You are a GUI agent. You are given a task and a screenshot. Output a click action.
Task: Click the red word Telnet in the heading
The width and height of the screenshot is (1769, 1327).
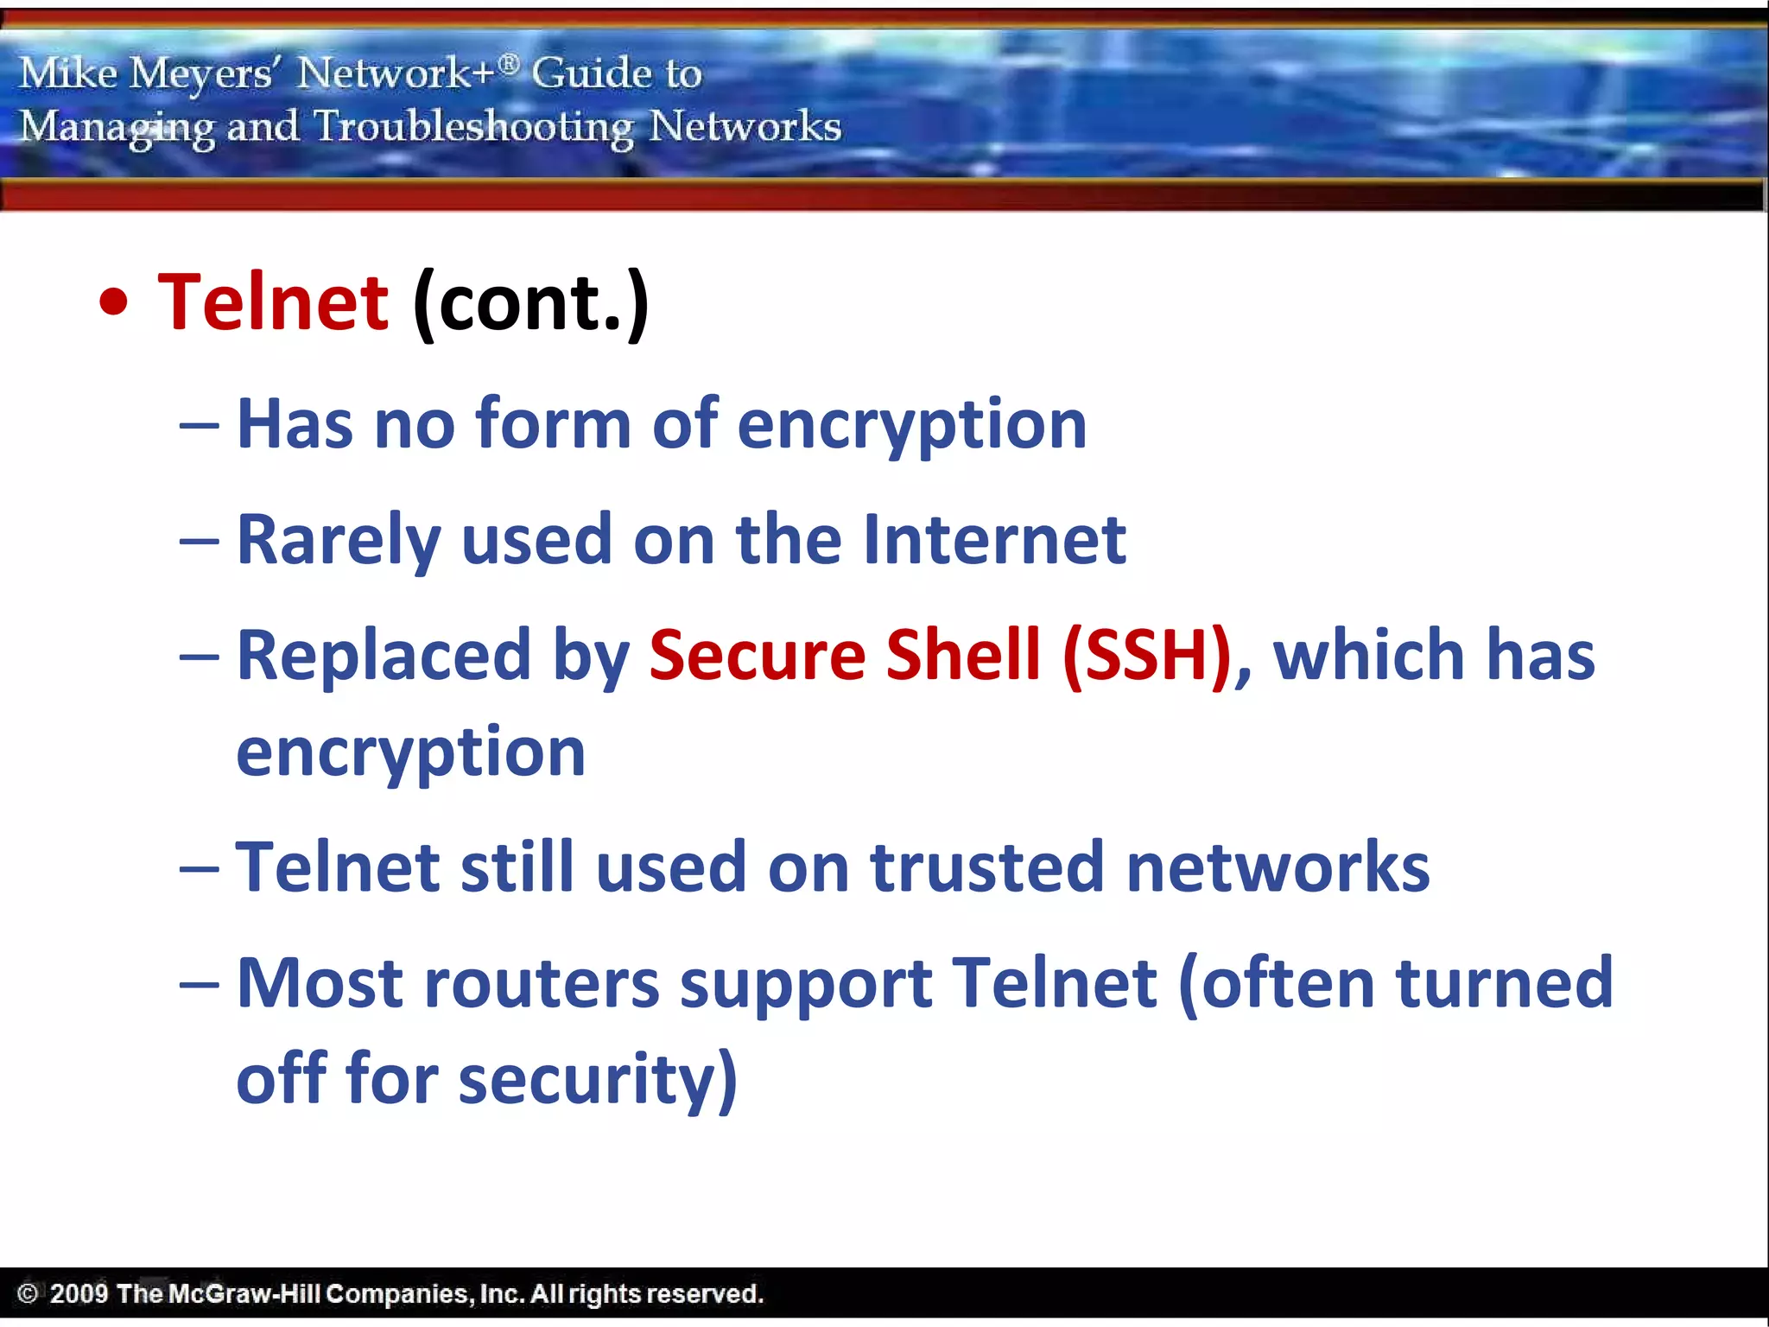tap(273, 302)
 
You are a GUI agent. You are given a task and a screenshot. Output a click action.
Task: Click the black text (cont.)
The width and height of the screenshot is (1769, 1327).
tap(530, 304)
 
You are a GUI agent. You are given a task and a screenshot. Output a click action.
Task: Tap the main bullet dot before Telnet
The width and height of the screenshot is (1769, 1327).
tap(114, 303)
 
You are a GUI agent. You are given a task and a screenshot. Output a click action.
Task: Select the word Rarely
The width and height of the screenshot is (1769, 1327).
tap(339, 540)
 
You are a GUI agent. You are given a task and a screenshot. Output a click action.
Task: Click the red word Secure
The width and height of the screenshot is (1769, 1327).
tap(757, 657)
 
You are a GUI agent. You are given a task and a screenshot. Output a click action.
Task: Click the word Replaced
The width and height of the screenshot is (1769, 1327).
tap(384, 657)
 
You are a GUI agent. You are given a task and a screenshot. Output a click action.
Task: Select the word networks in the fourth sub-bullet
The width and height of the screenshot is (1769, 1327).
tap(1278, 867)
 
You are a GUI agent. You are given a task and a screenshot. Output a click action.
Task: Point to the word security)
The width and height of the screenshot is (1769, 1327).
tap(598, 1081)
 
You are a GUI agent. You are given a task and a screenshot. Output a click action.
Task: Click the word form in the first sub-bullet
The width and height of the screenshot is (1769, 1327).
tap(553, 424)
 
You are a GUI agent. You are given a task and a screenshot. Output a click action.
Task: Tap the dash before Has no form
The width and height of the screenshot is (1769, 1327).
tap(200, 426)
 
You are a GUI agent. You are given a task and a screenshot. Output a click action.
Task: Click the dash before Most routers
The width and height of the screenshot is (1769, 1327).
tap(200, 985)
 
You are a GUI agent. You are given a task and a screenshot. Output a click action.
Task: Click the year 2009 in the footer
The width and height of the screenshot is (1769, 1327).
tap(79, 1294)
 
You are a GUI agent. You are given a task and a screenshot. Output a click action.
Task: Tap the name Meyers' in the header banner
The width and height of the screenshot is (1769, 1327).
tap(201, 73)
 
